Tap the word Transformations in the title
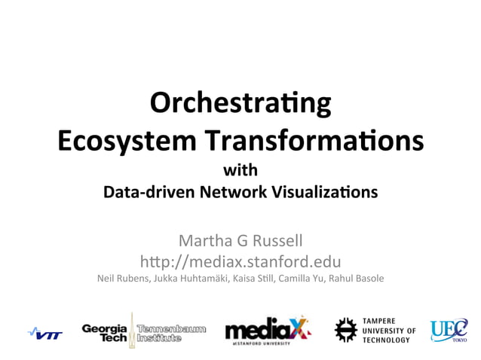(x=316, y=140)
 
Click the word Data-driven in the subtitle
(x=149, y=192)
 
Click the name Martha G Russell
(x=240, y=241)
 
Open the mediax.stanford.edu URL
(x=240, y=262)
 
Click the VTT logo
(x=45, y=333)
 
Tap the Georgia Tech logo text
(x=105, y=332)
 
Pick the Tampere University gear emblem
(x=345, y=329)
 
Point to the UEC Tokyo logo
(x=449, y=331)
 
